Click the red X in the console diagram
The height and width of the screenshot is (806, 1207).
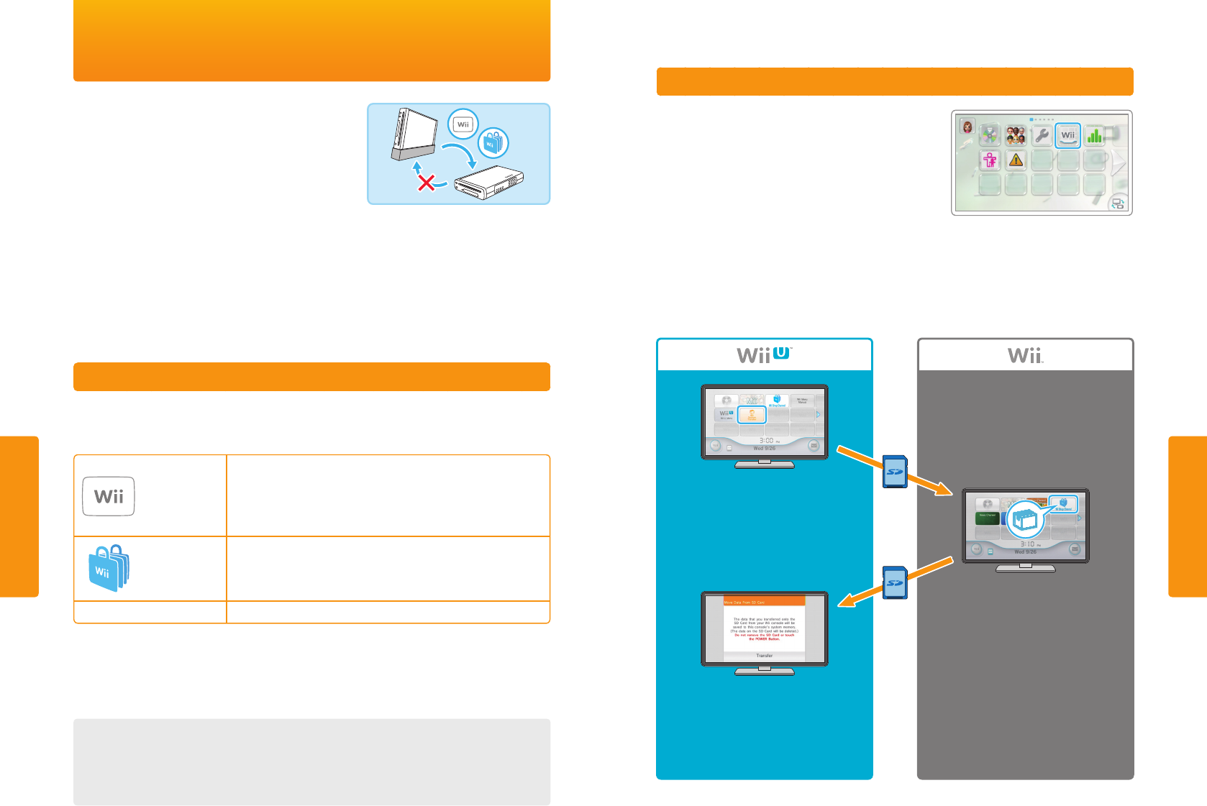click(x=427, y=183)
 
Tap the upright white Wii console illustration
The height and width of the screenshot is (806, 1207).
click(x=412, y=134)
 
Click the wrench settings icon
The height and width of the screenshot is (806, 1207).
click(x=1042, y=135)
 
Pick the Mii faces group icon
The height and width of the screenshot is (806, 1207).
click(x=1016, y=135)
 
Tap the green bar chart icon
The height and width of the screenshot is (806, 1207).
click(x=1094, y=135)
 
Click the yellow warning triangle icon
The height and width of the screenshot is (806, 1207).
click(x=1016, y=160)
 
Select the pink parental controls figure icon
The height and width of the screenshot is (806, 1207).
click(x=990, y=160)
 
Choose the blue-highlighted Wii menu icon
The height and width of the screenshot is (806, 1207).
click(x=1067, y=135)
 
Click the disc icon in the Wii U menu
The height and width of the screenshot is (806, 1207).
click(x=727, y=400)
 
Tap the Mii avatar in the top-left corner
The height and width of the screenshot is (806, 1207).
click(x=967, y=127)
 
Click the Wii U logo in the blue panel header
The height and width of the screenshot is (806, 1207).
click(x=764, y=355)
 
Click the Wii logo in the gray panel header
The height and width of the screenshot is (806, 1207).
click(x=1025, y=355)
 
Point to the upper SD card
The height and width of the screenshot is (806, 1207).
click(x=895, y=472)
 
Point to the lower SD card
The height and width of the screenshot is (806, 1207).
click(x=895, y=582)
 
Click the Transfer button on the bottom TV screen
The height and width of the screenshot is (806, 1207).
click(x=764, y=656)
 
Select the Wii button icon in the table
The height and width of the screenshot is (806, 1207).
click(x=109, y=496)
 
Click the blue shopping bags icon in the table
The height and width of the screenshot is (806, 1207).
click(x=108, y=568)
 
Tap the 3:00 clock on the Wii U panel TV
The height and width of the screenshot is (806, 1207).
click(x=766, y=440)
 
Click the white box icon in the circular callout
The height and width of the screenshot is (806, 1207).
click(x=1025, y=519)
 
